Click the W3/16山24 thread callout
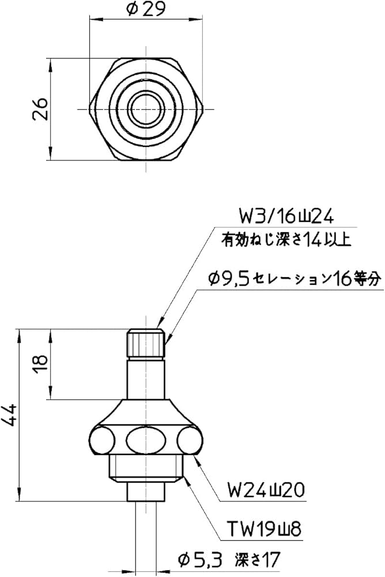pos(286,216)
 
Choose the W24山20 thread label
pos(266,491)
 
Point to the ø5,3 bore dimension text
pos(199,559)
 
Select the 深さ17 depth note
pos(256,559)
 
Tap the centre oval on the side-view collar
pos(146,441)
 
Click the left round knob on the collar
pos(102,441)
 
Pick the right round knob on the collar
pos(190,441)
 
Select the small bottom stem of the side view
pos(146,492)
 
